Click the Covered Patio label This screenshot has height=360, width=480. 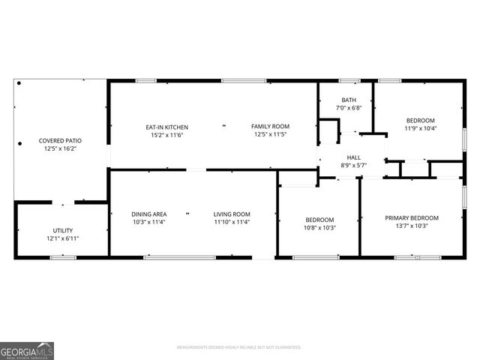[60, 140]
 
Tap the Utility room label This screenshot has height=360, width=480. [63, 230]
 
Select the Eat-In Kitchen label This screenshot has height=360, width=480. [166, 127]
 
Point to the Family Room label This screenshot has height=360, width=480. [270, 127]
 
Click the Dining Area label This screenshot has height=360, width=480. [149, 214]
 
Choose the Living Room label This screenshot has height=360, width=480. [231, 214]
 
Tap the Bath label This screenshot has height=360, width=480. [349, 100]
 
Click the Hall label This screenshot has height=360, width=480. [353, 157]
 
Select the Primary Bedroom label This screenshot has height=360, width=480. [412, 218]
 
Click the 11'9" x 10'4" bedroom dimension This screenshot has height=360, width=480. [420, 128]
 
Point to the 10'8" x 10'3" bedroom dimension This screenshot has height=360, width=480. [320, 228]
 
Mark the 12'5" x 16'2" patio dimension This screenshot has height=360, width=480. [60, 148]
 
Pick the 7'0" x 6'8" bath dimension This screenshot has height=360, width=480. [349, 108]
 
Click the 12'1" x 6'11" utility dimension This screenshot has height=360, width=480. [63, 238]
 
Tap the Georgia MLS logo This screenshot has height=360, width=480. [27, 350]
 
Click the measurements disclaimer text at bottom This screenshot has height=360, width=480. [239, 347]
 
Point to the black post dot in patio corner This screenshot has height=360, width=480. [19, 83]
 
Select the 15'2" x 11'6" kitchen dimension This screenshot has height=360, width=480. [166, 135]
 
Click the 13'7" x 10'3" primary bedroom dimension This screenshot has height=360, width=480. [412, 226]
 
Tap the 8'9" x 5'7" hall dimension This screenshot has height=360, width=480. [353, 165]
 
